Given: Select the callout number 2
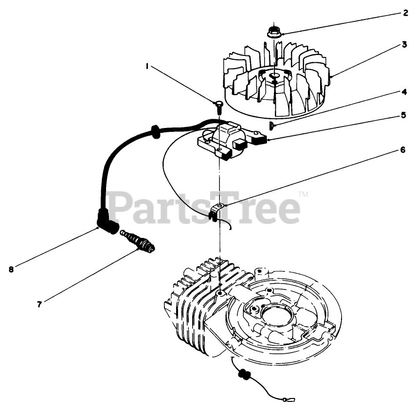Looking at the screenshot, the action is [x=405, y=13].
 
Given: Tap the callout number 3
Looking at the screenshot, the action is [x=404, y=44].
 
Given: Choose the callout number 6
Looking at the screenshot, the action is [x=403, y=150].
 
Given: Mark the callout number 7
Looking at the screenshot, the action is [x=39, y=304].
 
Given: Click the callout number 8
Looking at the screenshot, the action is [x=11, y=267].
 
